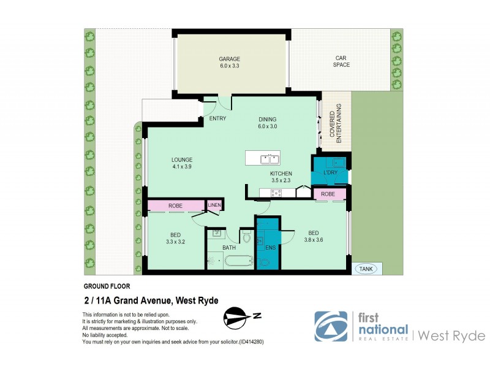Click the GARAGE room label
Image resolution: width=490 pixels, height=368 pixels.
point(230,59)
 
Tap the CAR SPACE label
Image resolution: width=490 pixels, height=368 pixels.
point(341,61)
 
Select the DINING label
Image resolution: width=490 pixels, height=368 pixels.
point(267,120)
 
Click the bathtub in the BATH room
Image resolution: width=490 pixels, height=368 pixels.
point(238,261)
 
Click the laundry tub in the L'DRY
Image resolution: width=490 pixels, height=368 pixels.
point(336,163)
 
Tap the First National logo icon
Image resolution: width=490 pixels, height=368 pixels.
point(330,326)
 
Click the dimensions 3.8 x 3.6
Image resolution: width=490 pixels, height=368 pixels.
point(313,240)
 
